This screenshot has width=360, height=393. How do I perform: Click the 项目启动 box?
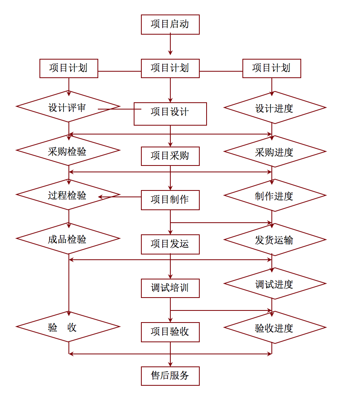click(x=170, y=24)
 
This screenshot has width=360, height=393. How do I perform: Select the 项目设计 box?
click(x=170, y=114)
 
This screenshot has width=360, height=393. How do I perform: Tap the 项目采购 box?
click(x=170, y=156)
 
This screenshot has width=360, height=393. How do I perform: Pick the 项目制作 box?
click(x=170, y=200)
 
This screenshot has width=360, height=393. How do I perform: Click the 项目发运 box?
click(x=170, y=244)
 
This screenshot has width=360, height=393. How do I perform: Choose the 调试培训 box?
click(x=170, y=288)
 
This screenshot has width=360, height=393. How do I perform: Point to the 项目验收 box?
click(x=170, y=332)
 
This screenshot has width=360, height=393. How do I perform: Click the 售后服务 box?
click(x=170, y=376)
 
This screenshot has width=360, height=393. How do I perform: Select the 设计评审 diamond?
click(x=68, y=107)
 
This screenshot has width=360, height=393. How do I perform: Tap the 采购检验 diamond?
click(x=68, y=150)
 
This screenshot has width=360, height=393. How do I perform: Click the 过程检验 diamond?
click(x=68, y=194)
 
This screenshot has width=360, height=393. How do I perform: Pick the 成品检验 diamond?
click(x=68, y=238)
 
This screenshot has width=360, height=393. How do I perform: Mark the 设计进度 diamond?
click(x=275, y=108)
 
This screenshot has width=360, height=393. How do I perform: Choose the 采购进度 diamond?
click(x=275, y=151)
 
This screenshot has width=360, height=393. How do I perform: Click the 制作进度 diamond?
click(x=275, y=195)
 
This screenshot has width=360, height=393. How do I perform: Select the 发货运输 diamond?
click(x=275, y=240)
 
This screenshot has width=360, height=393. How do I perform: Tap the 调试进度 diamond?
click(x=275, y=283)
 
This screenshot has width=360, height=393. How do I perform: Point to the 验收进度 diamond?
click(x=275, y=327)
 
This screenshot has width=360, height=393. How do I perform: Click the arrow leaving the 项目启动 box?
click(x=170, y=45)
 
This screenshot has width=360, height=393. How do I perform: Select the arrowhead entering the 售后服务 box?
click(x=170, y=364)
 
